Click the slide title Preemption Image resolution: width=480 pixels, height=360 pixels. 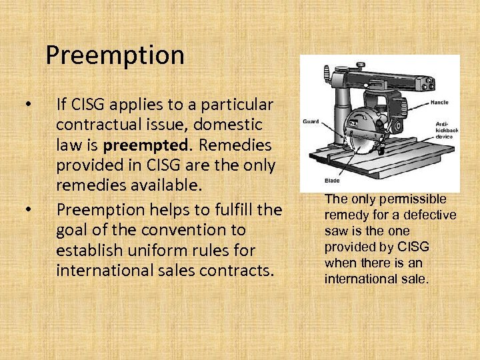pyautogui.click(x=115, y=55)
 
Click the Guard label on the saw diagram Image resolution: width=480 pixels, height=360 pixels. pyautogui.click(x=311, y=121)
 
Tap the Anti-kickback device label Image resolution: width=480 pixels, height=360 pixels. pyautogui.click(x=444, y=130)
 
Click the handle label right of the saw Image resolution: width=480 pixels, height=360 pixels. pyautogui.click(x=439, y=103)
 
